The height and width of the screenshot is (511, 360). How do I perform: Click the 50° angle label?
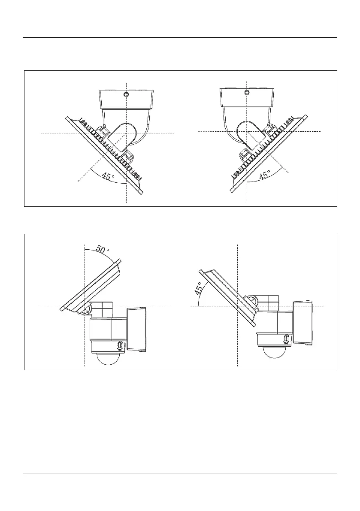tap(102, 250)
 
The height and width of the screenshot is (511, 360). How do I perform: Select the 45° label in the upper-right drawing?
tap(265, 175)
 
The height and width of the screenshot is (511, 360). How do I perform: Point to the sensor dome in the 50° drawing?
tap(108, 358)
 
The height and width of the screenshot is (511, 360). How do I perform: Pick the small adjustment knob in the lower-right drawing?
tap(286, 339)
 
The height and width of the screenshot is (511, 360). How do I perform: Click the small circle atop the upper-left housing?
tap(126, 94)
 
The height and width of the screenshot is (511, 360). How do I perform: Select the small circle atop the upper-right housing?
tap(247, 92)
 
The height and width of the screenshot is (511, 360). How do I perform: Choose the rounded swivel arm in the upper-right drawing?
tap(248, 134)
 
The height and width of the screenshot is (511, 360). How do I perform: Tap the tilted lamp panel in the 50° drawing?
tap(91, 285)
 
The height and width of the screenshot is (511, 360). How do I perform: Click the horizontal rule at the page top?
tap(180, 38)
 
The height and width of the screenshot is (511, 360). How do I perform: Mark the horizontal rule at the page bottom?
tap(180, 474)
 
